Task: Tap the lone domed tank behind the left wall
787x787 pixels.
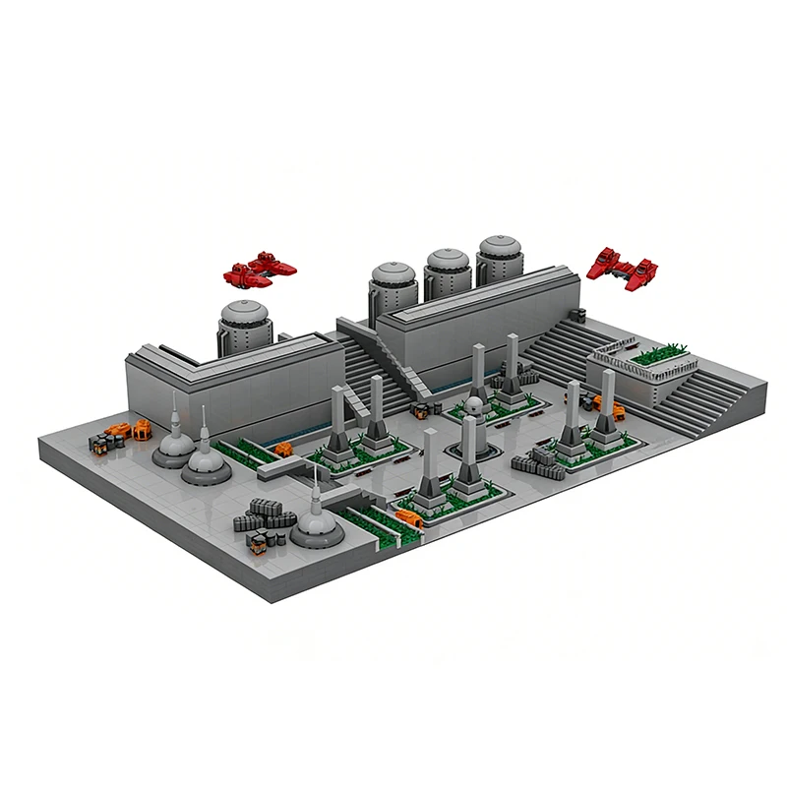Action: pos(244,326)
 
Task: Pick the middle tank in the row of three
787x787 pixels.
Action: pos(447,272)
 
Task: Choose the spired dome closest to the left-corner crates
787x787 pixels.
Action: pos(175,444)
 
